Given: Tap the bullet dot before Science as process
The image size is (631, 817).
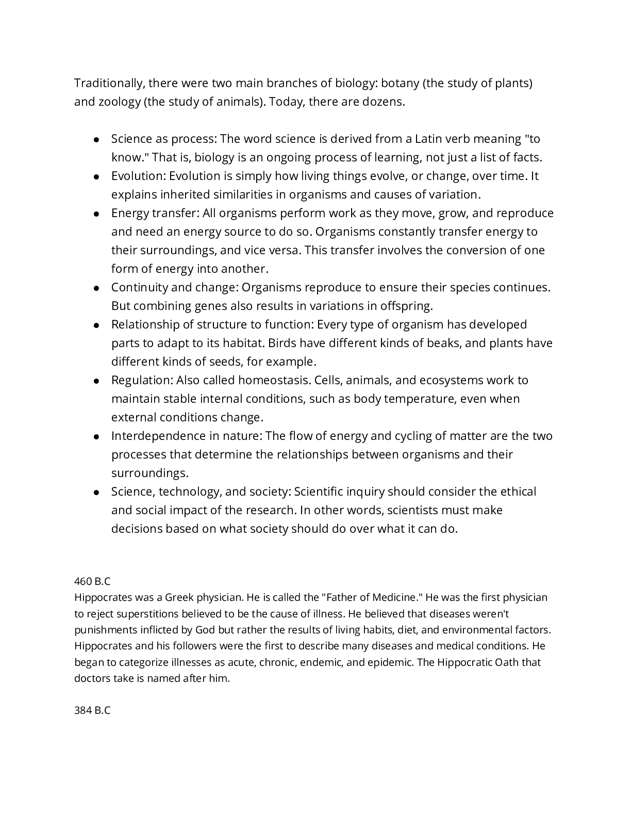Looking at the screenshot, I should click(96, 140).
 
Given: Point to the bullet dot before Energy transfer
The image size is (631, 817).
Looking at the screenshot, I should click(96, 214).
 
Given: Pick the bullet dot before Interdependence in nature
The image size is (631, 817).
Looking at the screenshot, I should click(96, 437).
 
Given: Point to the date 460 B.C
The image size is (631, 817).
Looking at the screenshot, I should click(92, 582).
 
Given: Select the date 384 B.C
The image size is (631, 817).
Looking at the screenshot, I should click(92, 711).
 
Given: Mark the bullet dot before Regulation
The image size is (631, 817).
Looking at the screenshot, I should click(96, 381).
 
